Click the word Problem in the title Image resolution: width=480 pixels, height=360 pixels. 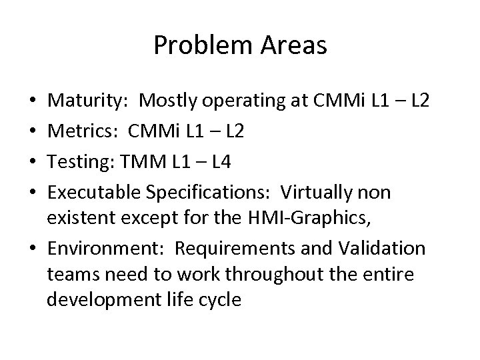[x=194, y=45]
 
